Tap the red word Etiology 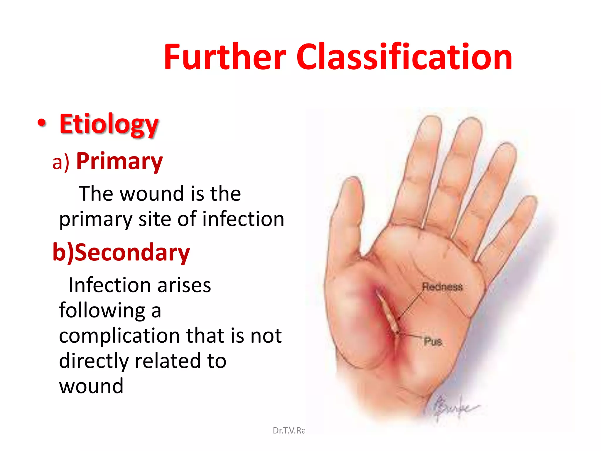109,124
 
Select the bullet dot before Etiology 42,123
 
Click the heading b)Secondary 121,253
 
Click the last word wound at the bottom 91,386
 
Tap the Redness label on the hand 442,287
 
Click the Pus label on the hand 433,341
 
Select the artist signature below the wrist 453,407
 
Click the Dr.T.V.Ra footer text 289,430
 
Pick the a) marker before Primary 61,162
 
